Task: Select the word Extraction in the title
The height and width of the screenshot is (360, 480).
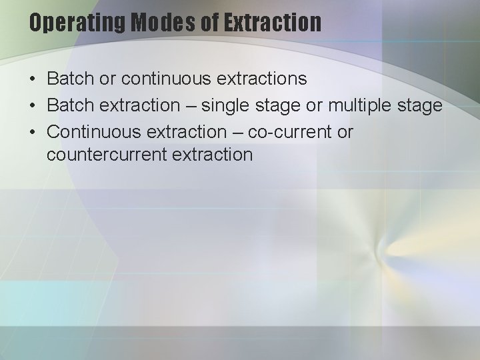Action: click(273, 23)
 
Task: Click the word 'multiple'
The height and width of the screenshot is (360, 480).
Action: click(369, 105)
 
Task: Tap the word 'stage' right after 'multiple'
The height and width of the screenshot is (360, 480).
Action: click(422, 105)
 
